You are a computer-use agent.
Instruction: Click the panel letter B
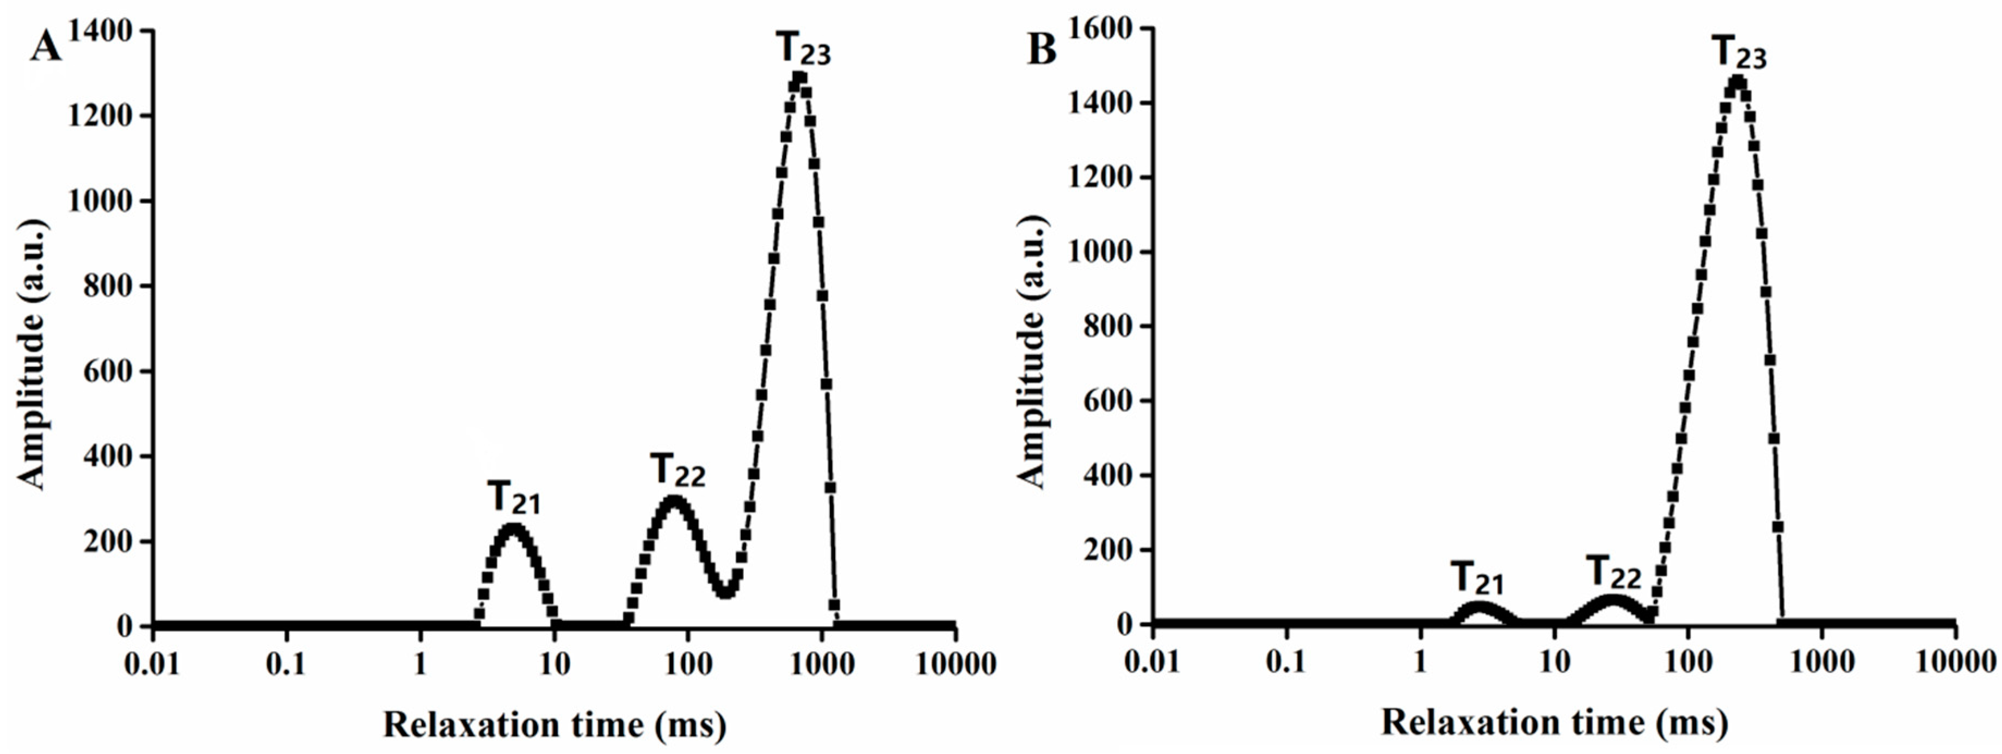pos(1042,49)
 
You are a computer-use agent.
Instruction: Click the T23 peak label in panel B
pos(1739,54)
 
